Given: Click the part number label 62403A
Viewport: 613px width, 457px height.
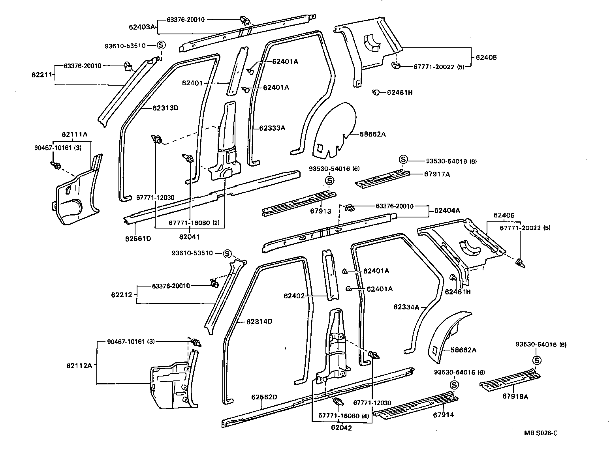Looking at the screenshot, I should click(x=142, y=27).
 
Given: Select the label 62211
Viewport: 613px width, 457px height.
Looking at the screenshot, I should click(x=41, y=75).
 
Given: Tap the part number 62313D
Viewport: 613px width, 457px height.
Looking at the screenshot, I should click(x=165, y=108).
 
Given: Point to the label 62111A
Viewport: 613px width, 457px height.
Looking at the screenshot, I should click(x=74, y=135).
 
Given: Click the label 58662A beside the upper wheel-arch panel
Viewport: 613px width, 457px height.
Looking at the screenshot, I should click(x=372, y=134).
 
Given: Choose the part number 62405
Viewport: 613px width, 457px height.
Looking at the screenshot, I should click(x=486, y=57).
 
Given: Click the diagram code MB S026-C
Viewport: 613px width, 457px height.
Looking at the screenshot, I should click(x=541, y=433).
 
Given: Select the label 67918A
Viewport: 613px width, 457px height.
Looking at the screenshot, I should click(x=515, y=397).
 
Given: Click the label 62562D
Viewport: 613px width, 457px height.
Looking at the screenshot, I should click(x=264, y=397).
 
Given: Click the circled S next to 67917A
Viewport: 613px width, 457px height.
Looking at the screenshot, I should click(x=403, y=159).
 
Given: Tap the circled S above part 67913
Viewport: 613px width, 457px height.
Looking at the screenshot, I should click(x=330, y=181).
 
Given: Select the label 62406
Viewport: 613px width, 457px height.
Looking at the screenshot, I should click(x=504, y=215).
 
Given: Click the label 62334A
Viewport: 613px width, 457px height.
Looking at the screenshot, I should click(x=406, y=307).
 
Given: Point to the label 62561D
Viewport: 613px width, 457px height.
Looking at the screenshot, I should click(x=138, y=238).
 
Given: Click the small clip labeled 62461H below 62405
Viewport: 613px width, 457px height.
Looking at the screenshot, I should click(x=376, y=92).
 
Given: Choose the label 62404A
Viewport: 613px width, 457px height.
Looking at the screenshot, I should click(x=447, y=211).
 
